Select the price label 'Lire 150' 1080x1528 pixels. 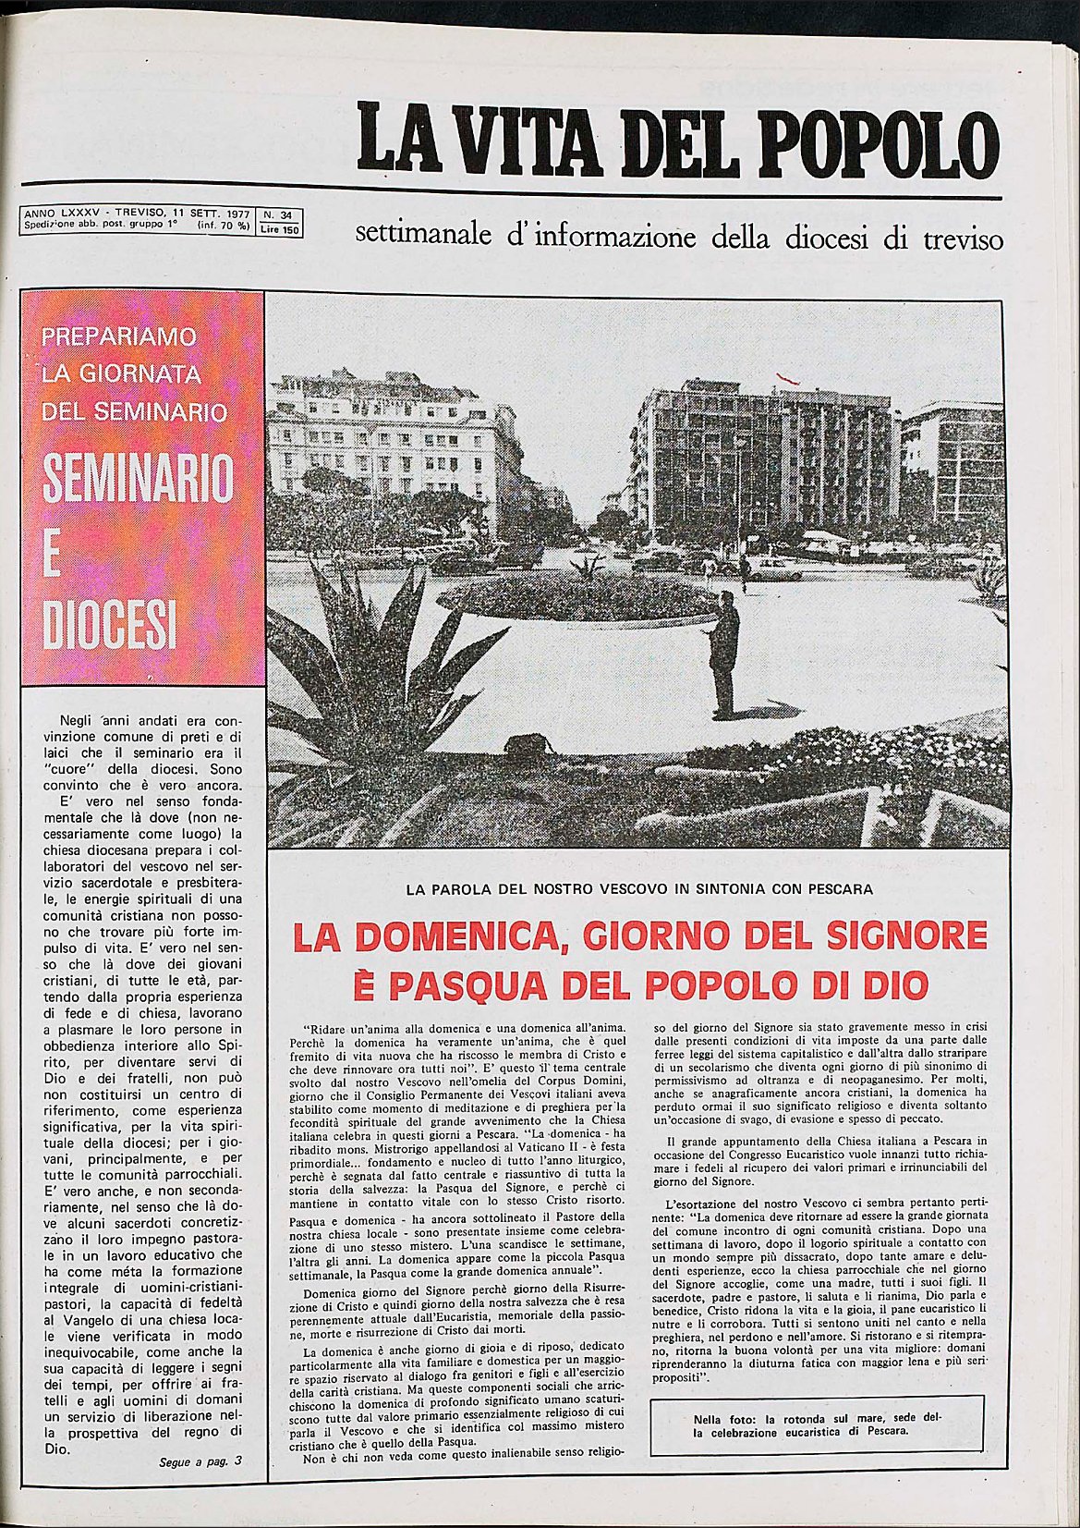[x=280, y=230]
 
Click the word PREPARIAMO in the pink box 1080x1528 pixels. [x=119, y=336]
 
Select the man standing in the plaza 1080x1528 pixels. [x=725, y=654]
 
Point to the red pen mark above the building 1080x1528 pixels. [x=787, y=376]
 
